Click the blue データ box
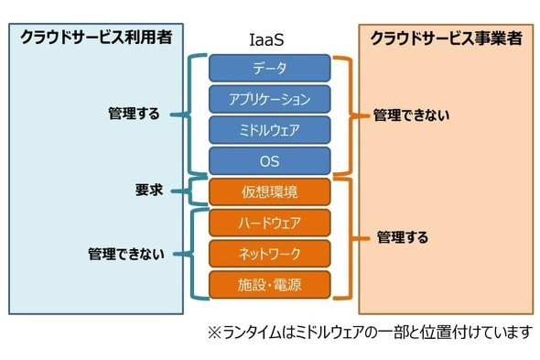(x=270, y=68)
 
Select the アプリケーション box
(x=270, y=99)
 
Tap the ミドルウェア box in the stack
(x=270, y=130)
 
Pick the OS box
(x=270, y=161)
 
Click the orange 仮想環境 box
(x=270, y=191)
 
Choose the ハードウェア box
(x=270, y=223)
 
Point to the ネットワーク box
(x=270, y=254)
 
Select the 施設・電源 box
(x=270, y=285)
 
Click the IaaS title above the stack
(x=266, y=40)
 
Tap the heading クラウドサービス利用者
(x=96, y=38)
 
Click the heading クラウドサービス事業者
(x=447, y=38)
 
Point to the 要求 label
(x=149, y=190)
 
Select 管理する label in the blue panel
(x=134, y=114)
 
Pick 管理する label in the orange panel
(x=403, y=237)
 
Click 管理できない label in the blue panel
(x=126, y=255)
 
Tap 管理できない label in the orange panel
(x=412, y=115)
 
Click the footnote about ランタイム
(x=370, y=333)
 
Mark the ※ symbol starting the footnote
(x=215, y=333)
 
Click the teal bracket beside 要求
(x=190, y=191)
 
